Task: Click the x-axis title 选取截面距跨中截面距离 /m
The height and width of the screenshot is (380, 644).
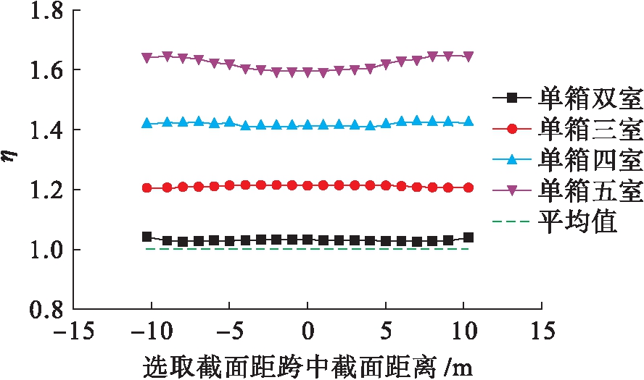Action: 307,364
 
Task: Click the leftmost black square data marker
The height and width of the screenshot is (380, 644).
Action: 147,237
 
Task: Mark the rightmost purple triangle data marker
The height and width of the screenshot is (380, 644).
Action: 468,56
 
